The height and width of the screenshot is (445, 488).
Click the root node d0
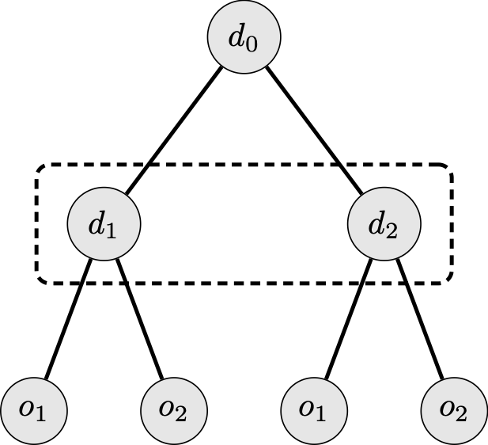point(244,38)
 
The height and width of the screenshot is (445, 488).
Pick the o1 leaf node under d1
point(33,410)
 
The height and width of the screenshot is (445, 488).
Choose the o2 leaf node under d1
point(173,410)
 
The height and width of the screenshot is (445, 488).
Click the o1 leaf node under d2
point(314,410)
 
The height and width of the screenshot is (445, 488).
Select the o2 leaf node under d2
point(454,410)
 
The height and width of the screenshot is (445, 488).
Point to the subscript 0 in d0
point(252,44)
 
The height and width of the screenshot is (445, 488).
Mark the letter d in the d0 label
point(236,36)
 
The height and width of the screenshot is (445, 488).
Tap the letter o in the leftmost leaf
point(27,409)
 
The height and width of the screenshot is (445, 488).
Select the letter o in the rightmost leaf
point(448,409)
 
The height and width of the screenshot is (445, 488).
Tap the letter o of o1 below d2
point(307,409)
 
